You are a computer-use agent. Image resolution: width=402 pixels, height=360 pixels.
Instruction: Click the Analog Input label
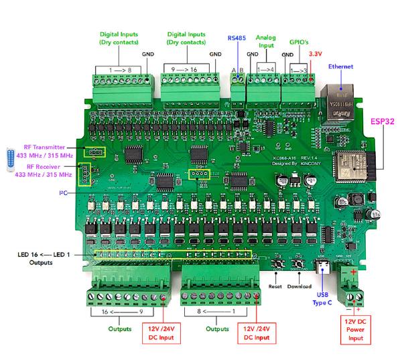pyautogui.click(x=267, y=42)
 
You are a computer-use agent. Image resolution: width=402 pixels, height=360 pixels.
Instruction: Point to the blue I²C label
pyautogui.click(x=64, y=192)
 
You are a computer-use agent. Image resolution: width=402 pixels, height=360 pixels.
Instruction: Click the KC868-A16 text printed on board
pyautogui.click(x=276, y=158)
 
